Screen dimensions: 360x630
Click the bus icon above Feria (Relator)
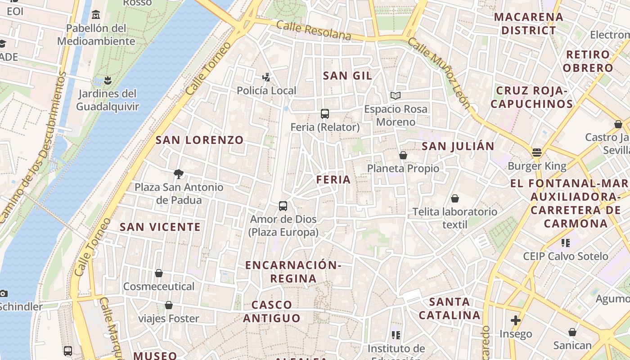pyautogui.click(x=325, y=113)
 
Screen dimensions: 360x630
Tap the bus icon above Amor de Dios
pyautogui.click(x=283, y=206)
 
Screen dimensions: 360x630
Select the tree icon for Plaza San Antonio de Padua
pyautogui.click(x=179, y=174)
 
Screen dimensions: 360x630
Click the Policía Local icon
pyautogui.click(x=266, y=77)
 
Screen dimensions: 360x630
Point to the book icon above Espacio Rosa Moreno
pyautogui.click(x=396, y=95)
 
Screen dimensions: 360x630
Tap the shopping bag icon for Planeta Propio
pyautogui.click(x=403, y=155)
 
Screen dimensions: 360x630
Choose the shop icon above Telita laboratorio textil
pyautogui.click(x=455, y=198)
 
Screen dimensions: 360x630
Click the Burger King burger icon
pyautogui.click(x=536, y=153)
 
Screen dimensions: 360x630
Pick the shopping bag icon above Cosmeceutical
pyautogui.click(x=159, y=273)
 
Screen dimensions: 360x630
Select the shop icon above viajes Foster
pyautogui.click(x=169, y=306)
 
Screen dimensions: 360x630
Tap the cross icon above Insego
pyautogui.click(x=516, y=320)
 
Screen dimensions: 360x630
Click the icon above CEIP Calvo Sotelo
pyautogui.click(x=566, y=243)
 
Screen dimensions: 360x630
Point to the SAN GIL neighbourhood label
pyautogui.click(x=348, y=76)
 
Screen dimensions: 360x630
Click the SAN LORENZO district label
pyautogui.click(x=199, y=140)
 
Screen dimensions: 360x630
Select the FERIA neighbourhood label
pyautogui.click(x=333, y=180)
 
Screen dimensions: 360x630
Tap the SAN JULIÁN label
pyautogui.click(x=458, y=146)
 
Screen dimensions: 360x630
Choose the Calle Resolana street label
pyautogui.click(x=314, y=31)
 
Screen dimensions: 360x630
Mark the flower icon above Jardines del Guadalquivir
pyautogui.click(x=107, y=81)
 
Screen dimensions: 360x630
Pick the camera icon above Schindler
pyautogui.click(x=4, y=293)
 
